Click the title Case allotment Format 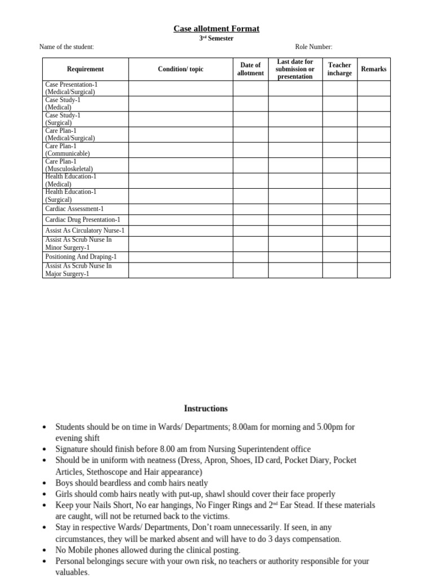tap(216, 29)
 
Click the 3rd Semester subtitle tap(216, 38)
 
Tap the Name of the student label tap(67, 47)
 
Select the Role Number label tap(313, 47)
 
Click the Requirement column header tap(85, 69)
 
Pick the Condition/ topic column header tap(180, 69)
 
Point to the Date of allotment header tap(250, 69)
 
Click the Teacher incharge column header tap(339, 69)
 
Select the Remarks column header tap(373, 69)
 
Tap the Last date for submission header tap(295, 69)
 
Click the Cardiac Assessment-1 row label tap(74, 208)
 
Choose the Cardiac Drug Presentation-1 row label tap(82, 219)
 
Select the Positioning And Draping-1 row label tap(81, 256)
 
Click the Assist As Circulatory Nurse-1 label tap(85, 230)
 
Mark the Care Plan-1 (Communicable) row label tap(68, 149)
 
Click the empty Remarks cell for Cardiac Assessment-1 tap(373, 208)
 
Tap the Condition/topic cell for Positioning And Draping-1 tap(180, 256)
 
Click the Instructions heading tap(206, 409)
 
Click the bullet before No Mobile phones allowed tap(45, 550)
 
